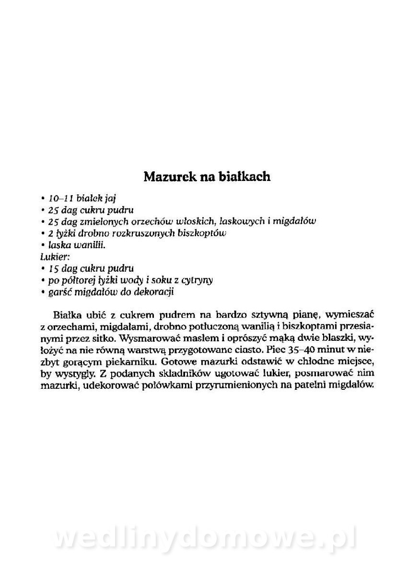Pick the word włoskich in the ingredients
(196, 221)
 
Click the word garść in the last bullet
(59, 291)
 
